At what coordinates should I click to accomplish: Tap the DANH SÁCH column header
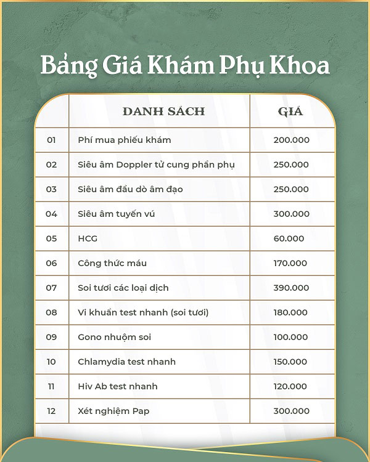pyautogui.click(x=163, y=111)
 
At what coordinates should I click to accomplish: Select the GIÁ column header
pyautogui.click(x=290, y=111)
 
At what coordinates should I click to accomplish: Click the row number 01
pyautogui.click(x=51, y=140)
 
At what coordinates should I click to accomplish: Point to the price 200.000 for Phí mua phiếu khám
pyautogui.click(x=291, y=140)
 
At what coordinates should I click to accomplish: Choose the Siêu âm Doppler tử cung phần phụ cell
pyautogui.click(x=156, y=164)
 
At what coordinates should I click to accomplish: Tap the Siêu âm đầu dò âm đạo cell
pyautogui.click(x=130, y=189)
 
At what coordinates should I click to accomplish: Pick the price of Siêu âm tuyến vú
pyautogui.click(x=291, y=214)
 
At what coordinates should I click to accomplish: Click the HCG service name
pyautogui.click(x=88, y=238)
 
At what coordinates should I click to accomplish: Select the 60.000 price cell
pyautogui.click(x=289, y=238)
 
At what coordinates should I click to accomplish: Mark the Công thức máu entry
pyautogui.click(x=112, y=263)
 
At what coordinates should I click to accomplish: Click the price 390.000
pyautogui.click(x=291, y=288)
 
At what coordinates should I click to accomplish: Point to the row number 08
pyautogui.click(x=51, y=312)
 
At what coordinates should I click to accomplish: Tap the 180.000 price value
pyautogui.click(x=291, y=312)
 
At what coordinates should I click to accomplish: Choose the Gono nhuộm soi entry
pyautogui.click(x=114, y=337)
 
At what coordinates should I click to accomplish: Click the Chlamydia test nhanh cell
pyautogui.click(x=126, y=362)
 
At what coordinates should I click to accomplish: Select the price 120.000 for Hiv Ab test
pyautogui.click(x=290, y=386)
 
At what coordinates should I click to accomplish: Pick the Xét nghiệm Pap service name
pyautogui.click(x=113, y=411)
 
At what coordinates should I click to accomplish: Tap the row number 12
pyautogui.click(x=51, y=411)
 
